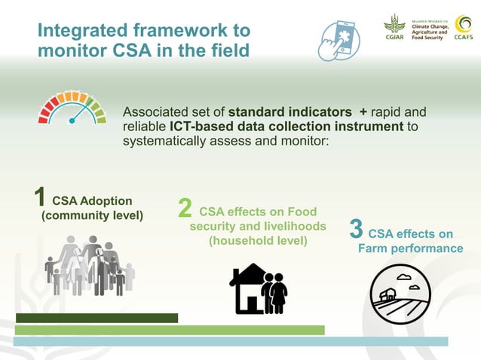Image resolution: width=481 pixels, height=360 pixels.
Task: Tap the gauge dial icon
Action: pyautogui.click(x=72, y=108)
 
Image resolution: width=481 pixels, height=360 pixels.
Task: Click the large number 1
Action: pyautogui.click(x=41, y=198)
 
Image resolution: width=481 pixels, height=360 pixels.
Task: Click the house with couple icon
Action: pyautogui.click(x=258, y=288)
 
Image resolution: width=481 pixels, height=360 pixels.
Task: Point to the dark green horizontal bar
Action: pyautogui.click(x=97, y=318)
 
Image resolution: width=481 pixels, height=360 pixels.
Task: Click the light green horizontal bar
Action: pyautogui.click(x=170, y=330)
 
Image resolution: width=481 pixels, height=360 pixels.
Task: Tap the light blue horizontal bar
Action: pyautogui.click(x=231, y=342)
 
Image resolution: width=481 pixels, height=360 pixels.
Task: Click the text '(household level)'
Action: pyautogui.click(x=258, y=241)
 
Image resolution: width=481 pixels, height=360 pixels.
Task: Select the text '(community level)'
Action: pyautogui.click(x=91, y=215)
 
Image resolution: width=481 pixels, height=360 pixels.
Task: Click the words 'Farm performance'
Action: pyautogui.click(x=410, y=249)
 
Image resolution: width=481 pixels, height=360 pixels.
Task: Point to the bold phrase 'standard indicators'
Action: pyautogui.click(x=290, y=111)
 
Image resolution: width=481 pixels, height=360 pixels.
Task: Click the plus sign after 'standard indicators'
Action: pyautogui.click(x=363, y=111)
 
